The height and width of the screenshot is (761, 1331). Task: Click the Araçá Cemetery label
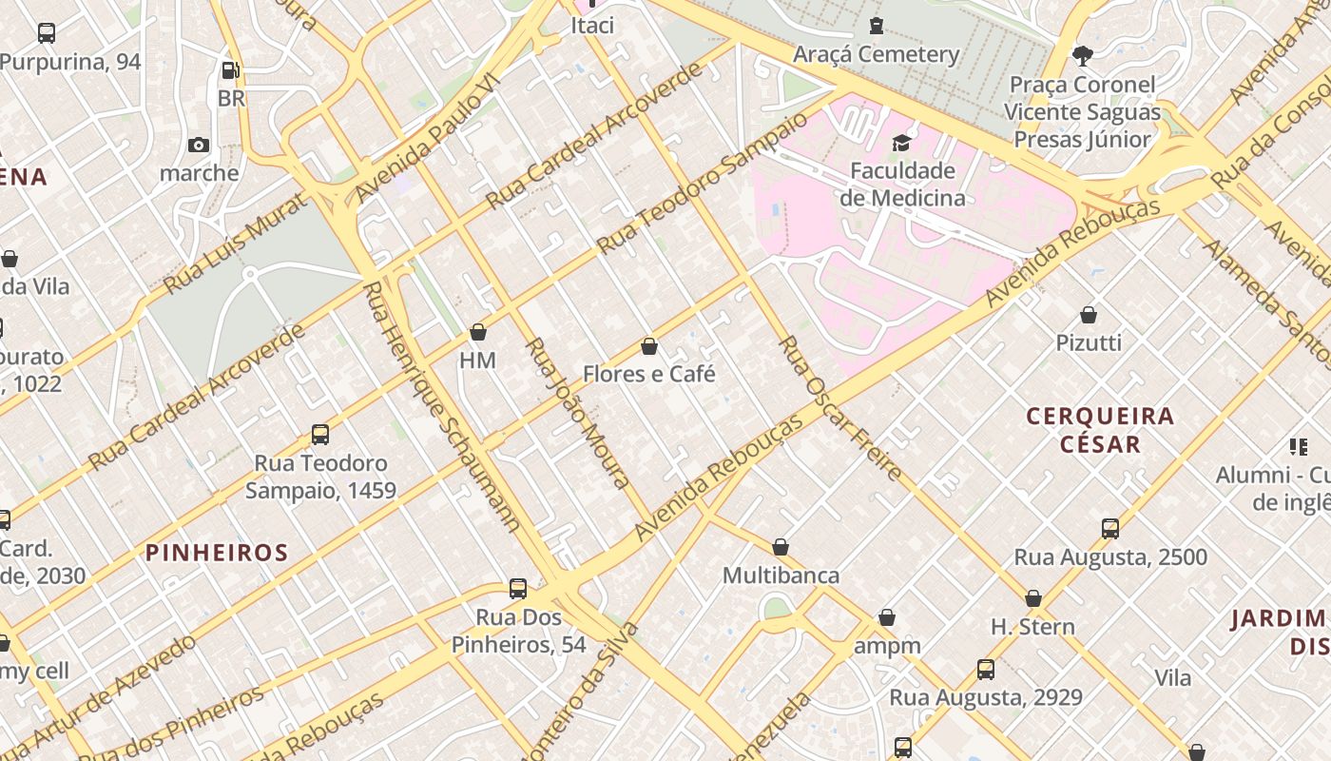[876, 54]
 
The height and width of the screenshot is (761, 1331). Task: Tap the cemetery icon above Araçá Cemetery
[876, 26]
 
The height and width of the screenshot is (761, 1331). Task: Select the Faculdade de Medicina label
[901, 185]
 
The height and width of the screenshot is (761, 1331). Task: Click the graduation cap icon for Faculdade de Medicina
[900, 144]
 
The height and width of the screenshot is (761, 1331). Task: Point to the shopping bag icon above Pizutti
[1089, 315]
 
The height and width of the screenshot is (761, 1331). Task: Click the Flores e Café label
[648, 374]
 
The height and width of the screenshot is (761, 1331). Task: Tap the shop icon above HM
[478, 332]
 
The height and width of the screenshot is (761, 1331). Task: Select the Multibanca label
[781, 576]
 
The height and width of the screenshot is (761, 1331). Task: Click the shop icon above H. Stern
[1033, 598]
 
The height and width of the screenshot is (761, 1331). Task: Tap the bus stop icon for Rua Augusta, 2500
[1109, 529]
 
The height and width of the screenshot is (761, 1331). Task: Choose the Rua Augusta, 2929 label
[985, 697]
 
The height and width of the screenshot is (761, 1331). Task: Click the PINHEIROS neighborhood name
[217, 553]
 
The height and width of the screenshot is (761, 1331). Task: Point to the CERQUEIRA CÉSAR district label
[1100, 430]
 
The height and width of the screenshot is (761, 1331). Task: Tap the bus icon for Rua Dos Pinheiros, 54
[518, 589]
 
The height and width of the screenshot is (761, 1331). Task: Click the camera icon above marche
[199, 145]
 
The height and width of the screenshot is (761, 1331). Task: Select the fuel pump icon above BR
[230, 69]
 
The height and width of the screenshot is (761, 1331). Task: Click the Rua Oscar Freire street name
[839, 407]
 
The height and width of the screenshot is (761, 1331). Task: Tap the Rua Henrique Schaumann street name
[439, 406]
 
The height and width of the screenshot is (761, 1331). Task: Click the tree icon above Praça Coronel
[1082, 55]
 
